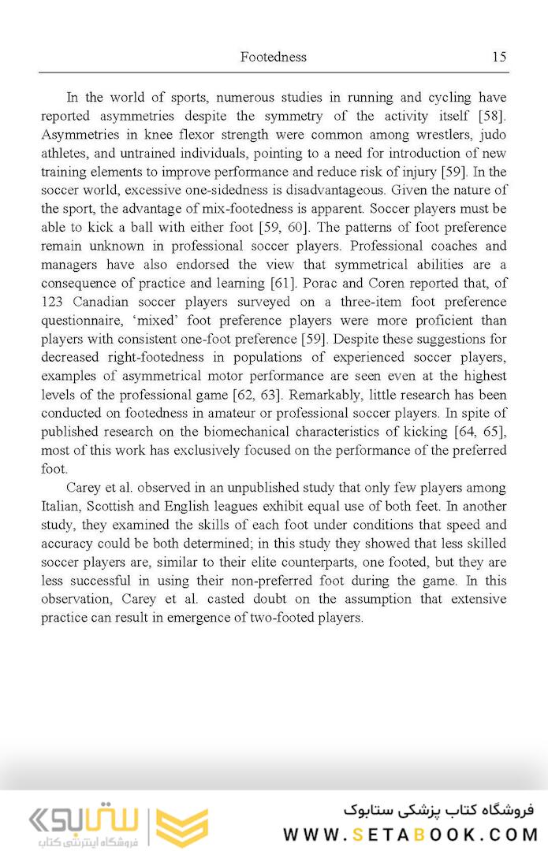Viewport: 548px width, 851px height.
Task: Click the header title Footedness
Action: [x=273, y=57]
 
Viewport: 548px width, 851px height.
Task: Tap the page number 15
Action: [x=498, y=57]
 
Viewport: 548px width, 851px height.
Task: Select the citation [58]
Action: [x=491, y=117]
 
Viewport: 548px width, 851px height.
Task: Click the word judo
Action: [x=494, y=135]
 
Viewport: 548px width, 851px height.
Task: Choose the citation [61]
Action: [x=252, y=283]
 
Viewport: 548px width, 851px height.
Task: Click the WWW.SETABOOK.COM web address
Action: [x=410, y=834]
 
